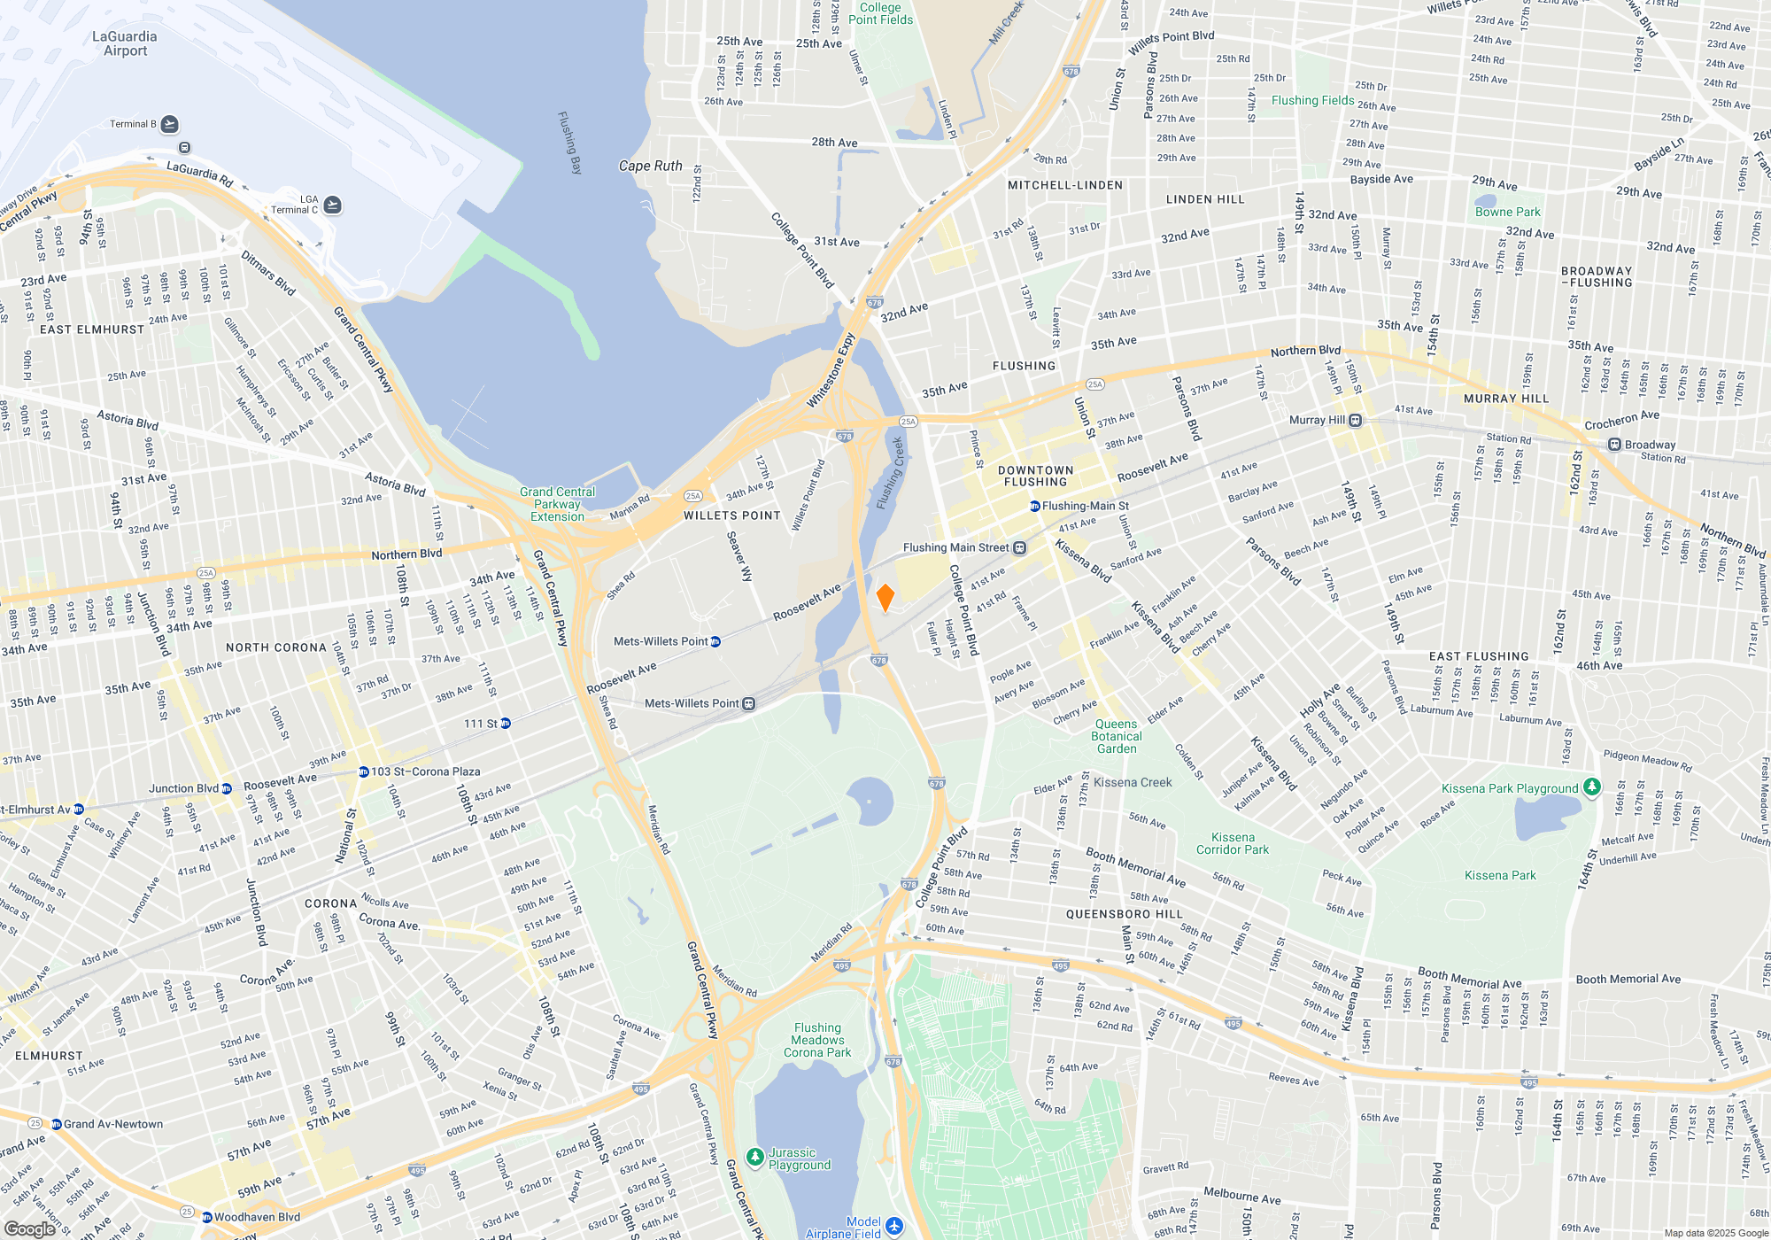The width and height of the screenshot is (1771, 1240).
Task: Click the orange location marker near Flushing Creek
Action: point(885,597)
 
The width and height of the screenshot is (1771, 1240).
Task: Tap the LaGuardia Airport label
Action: point(124,43)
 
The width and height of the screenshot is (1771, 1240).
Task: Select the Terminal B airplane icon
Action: point(170,124)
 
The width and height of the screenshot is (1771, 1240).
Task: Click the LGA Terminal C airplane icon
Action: point(332,205)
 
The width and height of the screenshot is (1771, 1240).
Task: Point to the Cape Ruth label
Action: point(650,166)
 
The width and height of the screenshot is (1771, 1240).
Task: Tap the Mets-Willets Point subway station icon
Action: point(715,641)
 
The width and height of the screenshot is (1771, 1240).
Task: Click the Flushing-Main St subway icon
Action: point(1034,506)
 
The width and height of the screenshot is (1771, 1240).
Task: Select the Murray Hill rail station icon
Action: point(1355,420)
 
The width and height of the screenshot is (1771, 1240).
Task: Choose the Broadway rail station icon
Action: point(1614,444)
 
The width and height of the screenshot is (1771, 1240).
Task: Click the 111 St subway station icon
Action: point(506,724)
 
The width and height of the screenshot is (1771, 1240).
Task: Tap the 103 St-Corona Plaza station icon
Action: point(363,771)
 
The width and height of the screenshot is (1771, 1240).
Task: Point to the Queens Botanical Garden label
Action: point(1117,736)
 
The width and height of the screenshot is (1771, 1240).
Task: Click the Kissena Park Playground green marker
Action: point(1591,787)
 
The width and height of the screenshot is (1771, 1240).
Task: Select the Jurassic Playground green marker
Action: point(754,1157)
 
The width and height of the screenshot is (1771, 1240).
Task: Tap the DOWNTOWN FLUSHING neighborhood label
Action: point(1035,477)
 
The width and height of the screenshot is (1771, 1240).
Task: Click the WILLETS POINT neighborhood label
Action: point(731,515)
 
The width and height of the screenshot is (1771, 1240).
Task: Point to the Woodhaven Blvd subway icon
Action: point(207,1217)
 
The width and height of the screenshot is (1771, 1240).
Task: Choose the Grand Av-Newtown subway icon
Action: point(56,1124)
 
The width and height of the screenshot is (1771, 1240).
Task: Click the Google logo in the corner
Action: point(30,1228)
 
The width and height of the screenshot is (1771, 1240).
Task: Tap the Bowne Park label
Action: point(1507,212)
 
